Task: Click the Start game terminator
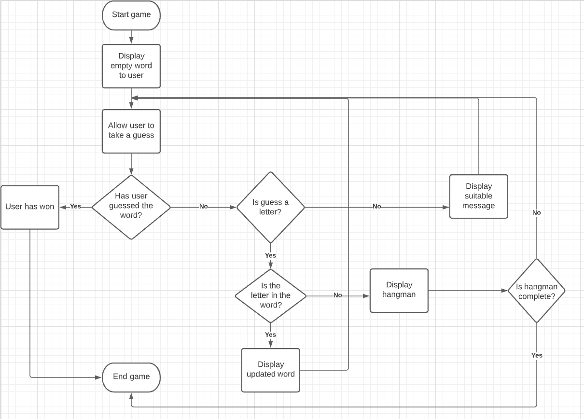tap(131, 15)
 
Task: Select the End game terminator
tap(131, 377)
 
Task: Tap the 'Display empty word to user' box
tap(131, 66)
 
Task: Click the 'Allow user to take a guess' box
tap(131, 131)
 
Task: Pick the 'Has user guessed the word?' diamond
tap(131, 207)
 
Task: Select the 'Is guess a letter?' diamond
tap(270, 207)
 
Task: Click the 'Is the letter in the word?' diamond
tap(270, 295)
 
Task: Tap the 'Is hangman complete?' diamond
tap(536, 291)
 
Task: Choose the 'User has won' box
tap(30, 207)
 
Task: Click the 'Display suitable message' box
tap(478, 196)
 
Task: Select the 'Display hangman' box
tap(399, 291)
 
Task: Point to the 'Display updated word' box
tap(270, 370)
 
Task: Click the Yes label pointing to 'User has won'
tap(75, 206)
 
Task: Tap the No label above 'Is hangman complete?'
tap(536, 212)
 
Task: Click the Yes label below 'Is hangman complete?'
tap(537, 355)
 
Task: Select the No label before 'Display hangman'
tap(337, 295)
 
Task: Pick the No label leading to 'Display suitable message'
tap(376, 206)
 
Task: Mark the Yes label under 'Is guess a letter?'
tap(270, 255)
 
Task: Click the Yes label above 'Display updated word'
tap(270, 335)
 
